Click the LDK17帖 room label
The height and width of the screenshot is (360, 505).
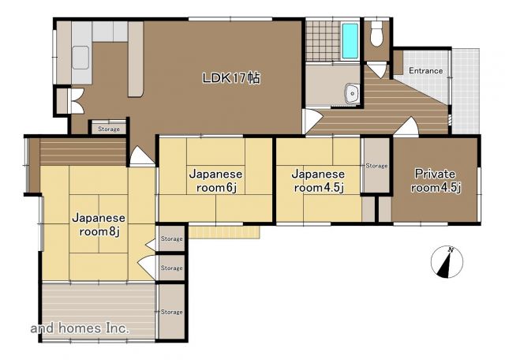(x=230, y=78)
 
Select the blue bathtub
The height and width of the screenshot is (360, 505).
(x=350, y=40)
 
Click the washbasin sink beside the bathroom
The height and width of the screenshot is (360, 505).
(x=353, y=93)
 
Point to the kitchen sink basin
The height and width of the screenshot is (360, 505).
(x=80, y=58)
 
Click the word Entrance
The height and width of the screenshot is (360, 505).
(x=425, y=70)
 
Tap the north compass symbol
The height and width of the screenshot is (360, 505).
(x=447, y=262)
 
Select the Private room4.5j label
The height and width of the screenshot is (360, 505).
(x=436, y=181)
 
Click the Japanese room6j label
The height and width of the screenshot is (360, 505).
(x=215, y=181)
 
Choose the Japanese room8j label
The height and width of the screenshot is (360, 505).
(x=99, y=224)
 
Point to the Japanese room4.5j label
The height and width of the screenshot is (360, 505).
(x=318, y=181)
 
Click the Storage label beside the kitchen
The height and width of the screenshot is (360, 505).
(x=109, y=129)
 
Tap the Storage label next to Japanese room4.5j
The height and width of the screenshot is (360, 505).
(x=376, y=166)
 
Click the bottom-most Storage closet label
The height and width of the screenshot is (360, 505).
(x=172, y=312)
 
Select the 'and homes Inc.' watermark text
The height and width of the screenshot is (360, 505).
(x=80, y=328)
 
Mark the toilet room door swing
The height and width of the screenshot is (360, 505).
(x=377, y=70)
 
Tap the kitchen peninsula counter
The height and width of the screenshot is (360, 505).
(x=136, y=59)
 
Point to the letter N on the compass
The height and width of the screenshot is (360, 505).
(x=451, y=249)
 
